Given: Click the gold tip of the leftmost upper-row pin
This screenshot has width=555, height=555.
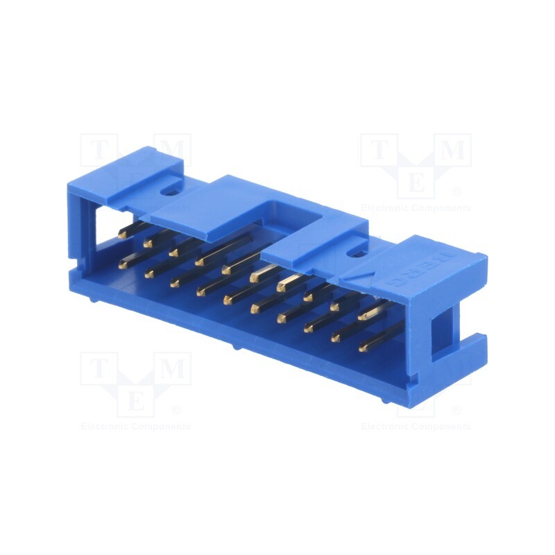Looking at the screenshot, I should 122,234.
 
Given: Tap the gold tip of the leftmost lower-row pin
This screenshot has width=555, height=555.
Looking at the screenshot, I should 123,264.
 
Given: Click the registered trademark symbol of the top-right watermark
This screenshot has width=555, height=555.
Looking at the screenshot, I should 456,191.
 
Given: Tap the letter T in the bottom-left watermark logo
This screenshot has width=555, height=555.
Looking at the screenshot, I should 96,368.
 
